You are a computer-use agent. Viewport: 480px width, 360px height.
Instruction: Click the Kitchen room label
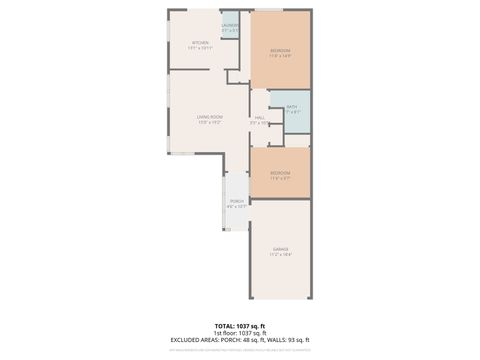click(x=200, y=42)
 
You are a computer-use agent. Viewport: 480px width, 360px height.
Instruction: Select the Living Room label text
click(x=209, y=117)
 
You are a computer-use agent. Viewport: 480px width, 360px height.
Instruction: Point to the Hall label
click(x=260, y=117)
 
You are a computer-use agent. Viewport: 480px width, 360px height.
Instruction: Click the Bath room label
click(x=291, y=106)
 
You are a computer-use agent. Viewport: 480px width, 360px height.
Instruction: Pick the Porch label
click(x=237, y=201)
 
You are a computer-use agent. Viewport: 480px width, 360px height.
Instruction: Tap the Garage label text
click(x=280, y=250)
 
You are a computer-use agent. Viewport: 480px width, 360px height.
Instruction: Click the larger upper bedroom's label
click(x=280, y=50)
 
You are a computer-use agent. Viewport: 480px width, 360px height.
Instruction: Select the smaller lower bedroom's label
click(x=280, y=173)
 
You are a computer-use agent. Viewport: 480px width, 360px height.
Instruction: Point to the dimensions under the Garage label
click(x=280, y=255)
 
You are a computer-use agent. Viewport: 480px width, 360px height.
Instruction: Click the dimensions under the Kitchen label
click(x=200, y=47)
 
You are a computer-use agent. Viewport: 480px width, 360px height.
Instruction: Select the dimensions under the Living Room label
click(x=209, y=122)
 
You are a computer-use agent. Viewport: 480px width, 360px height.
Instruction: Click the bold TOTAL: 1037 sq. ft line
click(x=240, y=326)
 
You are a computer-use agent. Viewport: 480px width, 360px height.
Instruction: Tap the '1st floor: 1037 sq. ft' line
click(x=240, y=333)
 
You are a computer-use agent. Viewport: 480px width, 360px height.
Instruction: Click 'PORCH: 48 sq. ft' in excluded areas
click(x=248, y=340)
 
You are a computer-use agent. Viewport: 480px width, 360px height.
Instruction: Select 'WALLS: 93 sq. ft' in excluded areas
click(x=292, y=340)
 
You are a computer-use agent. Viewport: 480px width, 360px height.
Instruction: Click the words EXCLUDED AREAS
click(x=196, y=340)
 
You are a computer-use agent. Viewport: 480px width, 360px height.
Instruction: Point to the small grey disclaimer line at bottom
click(x=240, y=348)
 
